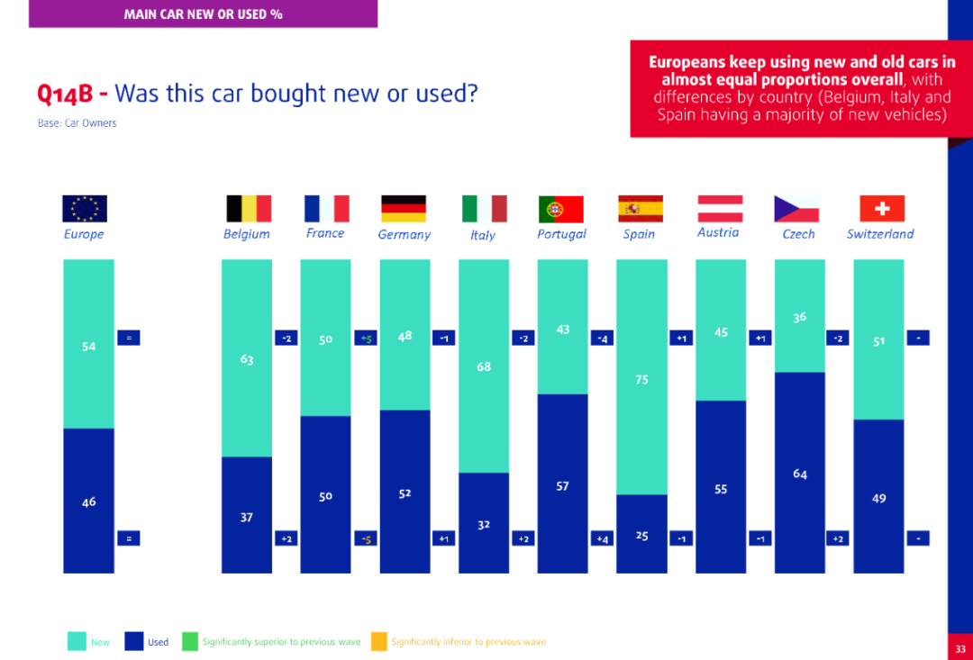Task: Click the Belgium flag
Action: pos(248,209)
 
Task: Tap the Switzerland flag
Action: pos(882,209)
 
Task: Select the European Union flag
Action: pos(85,209)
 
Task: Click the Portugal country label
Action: pos(561,234)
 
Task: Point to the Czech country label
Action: pos(798,234)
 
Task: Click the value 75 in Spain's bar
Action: pos(641,380)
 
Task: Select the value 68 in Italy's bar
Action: pos(484,366)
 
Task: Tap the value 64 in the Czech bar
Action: pos(800,474)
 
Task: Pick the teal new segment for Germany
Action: pos(405,360)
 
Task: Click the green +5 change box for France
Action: pos(366,339)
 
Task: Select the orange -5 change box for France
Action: pos(366,538)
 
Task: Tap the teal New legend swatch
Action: pos(77,641)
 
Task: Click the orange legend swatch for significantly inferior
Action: pos(378,641)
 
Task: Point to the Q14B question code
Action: pos(72,94)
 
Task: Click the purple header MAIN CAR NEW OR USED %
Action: pos(203,14)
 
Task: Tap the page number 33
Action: pos(960,648)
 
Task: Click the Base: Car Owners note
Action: pos(77,123)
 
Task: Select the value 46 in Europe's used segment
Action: pos(88,502)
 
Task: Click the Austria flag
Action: pos(720,209)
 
